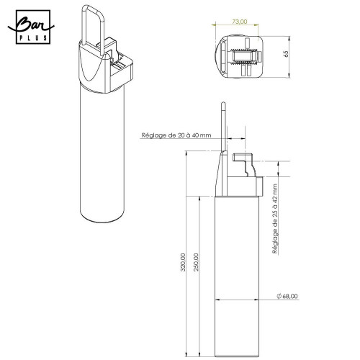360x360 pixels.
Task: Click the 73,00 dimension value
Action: [240, 22]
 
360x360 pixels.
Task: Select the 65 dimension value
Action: [286, 54]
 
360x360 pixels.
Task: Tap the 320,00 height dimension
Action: [183, 262]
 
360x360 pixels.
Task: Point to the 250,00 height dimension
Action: [197, 262]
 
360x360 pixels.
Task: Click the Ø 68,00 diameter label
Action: [287, 296]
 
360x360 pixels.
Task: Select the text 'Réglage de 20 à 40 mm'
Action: [176, 135]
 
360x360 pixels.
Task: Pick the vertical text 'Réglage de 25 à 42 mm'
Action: [275, 219]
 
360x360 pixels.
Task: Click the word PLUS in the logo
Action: [33, 38]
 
